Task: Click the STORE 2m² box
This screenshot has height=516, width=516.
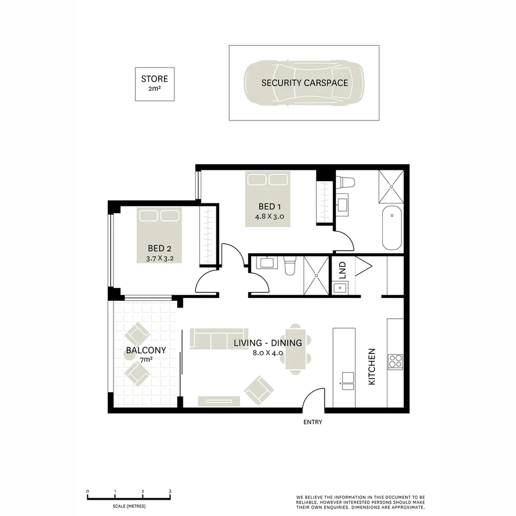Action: pyautogui.click(x=154, y=84)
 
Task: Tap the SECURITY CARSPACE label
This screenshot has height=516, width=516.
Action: pyautogui.click(x=304, y=83)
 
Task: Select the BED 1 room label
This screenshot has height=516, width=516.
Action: pyautogui.click(x=267, y=206)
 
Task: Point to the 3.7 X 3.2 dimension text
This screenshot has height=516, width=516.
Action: pyautogui.click(x=159, y=258)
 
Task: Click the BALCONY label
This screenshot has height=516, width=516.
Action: pyautogui.click(x=146, y=350)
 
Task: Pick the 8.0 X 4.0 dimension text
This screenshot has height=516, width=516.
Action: pyautogui.click(x=268, y=353)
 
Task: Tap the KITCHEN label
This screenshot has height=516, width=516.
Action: pyautogui.click(x=372, y=366)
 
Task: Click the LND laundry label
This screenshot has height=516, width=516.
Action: pyautogui.click(x=342, y=270)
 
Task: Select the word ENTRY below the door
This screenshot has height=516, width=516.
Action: pyautogui.click(x=312, y=422)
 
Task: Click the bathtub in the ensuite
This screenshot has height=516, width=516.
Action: pyautogui.click(x=392, y=227)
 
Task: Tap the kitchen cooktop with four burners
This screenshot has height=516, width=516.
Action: pyautogui.click(x=395, y=362)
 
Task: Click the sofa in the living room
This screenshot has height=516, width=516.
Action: pyautogui.click(x=219, y=338)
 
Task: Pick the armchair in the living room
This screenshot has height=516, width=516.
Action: pyautogui.click(x=259, y=390)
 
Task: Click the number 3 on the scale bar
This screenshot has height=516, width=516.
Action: pyautogui.click(x=170, y=491)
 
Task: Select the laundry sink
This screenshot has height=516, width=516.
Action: pyautogui.click(x=341, y=288)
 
